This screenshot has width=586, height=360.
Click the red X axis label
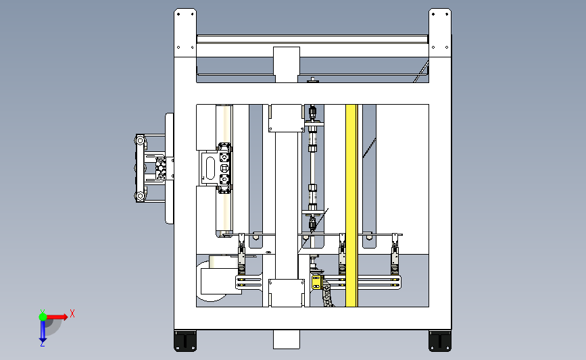pos(72,313)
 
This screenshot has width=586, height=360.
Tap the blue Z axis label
pos(42,344)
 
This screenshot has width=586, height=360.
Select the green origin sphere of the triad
pos(43,317)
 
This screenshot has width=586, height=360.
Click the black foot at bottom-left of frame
pos(185,341)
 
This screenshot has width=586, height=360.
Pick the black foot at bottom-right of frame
pos(440,341)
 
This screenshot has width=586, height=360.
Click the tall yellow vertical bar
pos(351,206)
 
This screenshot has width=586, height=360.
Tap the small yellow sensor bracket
pos(317,282)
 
